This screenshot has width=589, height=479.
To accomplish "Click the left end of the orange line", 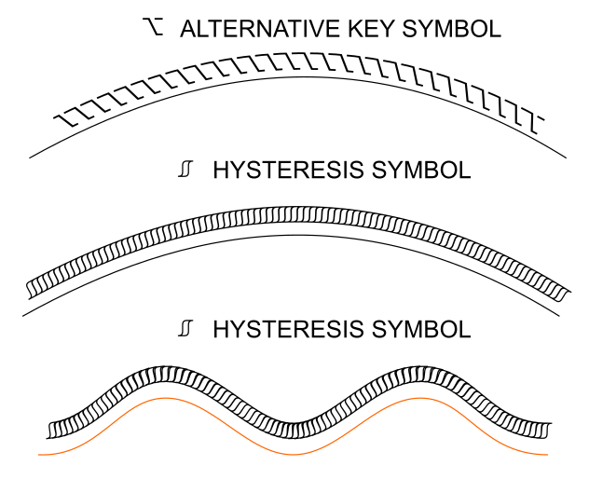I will coord(39,455).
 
